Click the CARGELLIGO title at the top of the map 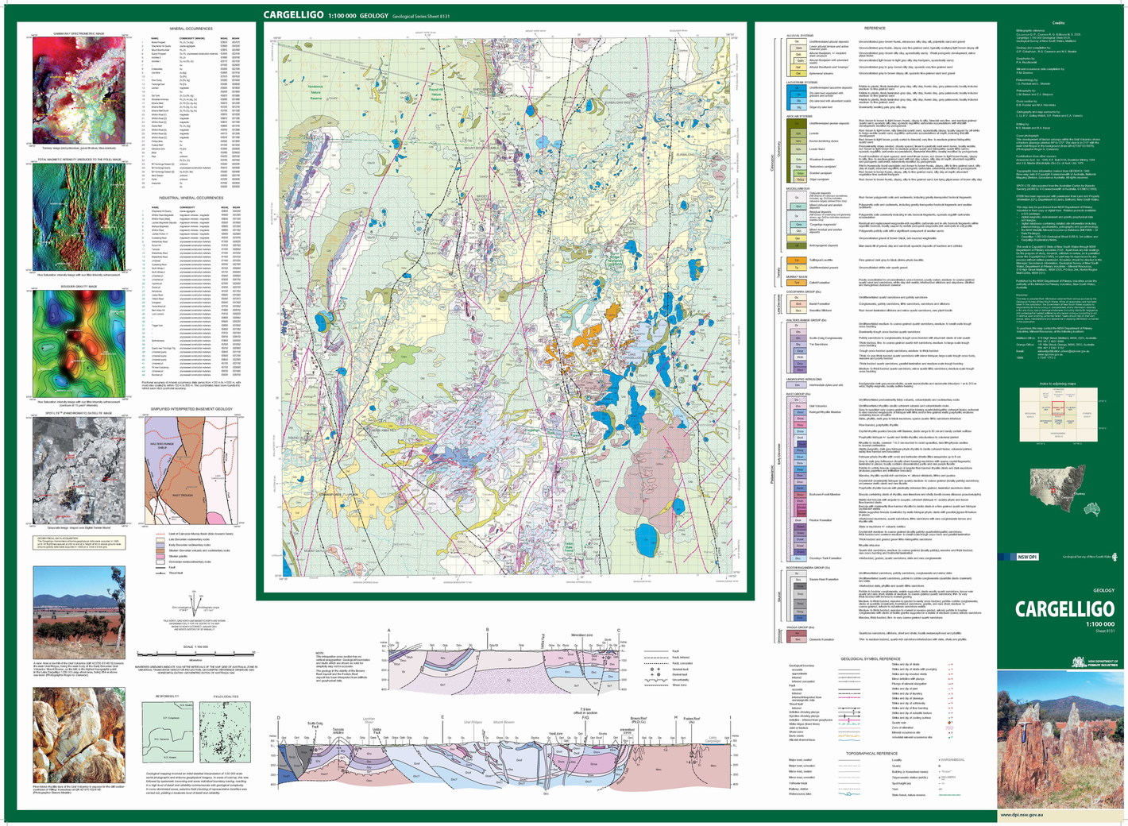coord(294,15)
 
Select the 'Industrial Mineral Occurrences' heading coord(191,198)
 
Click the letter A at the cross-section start coord(389,631)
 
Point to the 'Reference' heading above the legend coord(875,29)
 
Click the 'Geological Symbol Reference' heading coord(871,658)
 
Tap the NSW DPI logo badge coord(1027,557)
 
